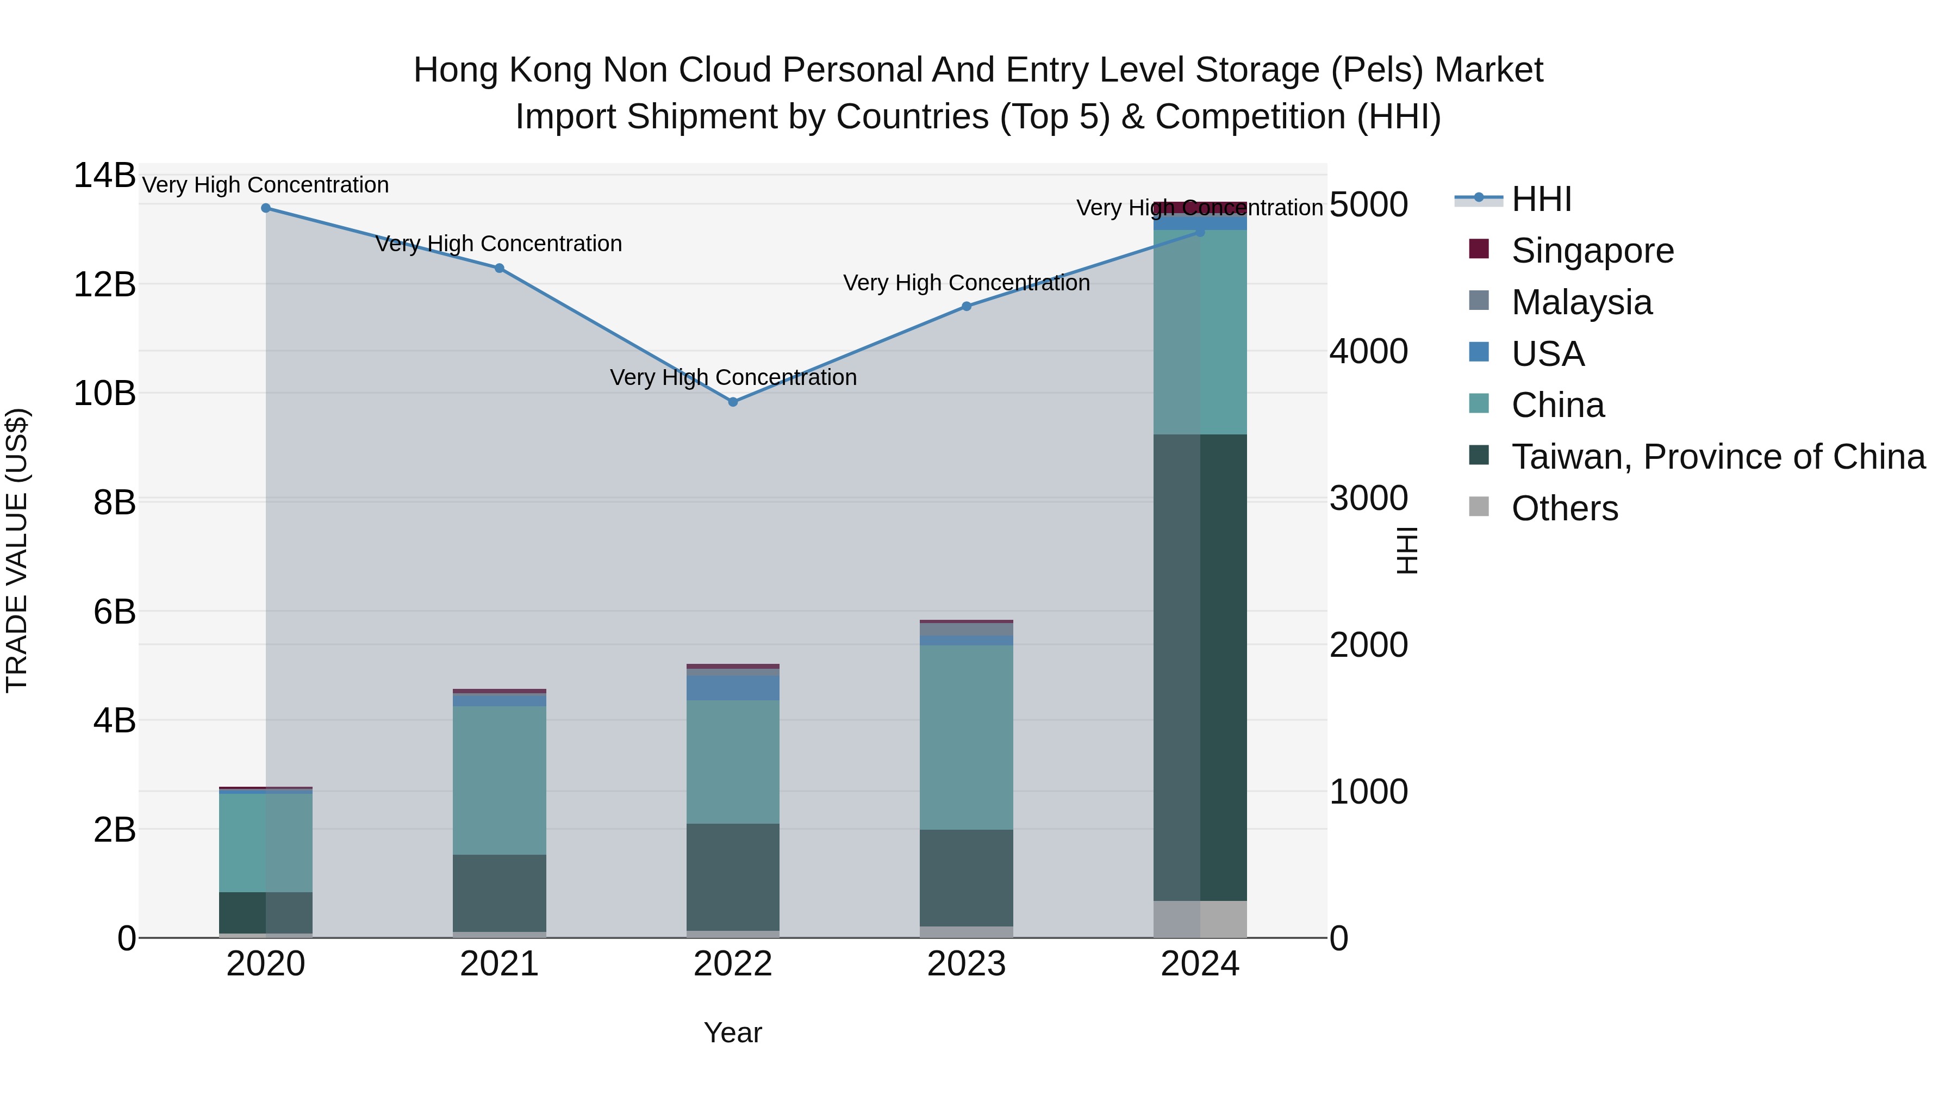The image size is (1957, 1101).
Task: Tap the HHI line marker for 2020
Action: [x=266, y=208]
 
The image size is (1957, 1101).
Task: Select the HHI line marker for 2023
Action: [x=967, y=306]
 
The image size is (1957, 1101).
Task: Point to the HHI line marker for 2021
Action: [x=499, y=268]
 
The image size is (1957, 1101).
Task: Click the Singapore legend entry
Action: [x=1592, y=251]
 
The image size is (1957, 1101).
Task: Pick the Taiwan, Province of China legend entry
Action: [x=1718, y=457]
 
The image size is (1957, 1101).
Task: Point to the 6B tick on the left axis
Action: [x=114, y=612]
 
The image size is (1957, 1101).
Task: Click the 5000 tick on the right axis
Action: [x=1368, y=204]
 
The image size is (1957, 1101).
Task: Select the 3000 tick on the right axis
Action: [x=1368, y=499]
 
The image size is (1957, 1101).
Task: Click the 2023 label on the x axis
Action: [x=967, y=964]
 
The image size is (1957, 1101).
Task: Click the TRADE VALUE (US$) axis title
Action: [x=17, y=550]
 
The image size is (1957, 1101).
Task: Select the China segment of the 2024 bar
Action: [x=1200, y=332]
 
